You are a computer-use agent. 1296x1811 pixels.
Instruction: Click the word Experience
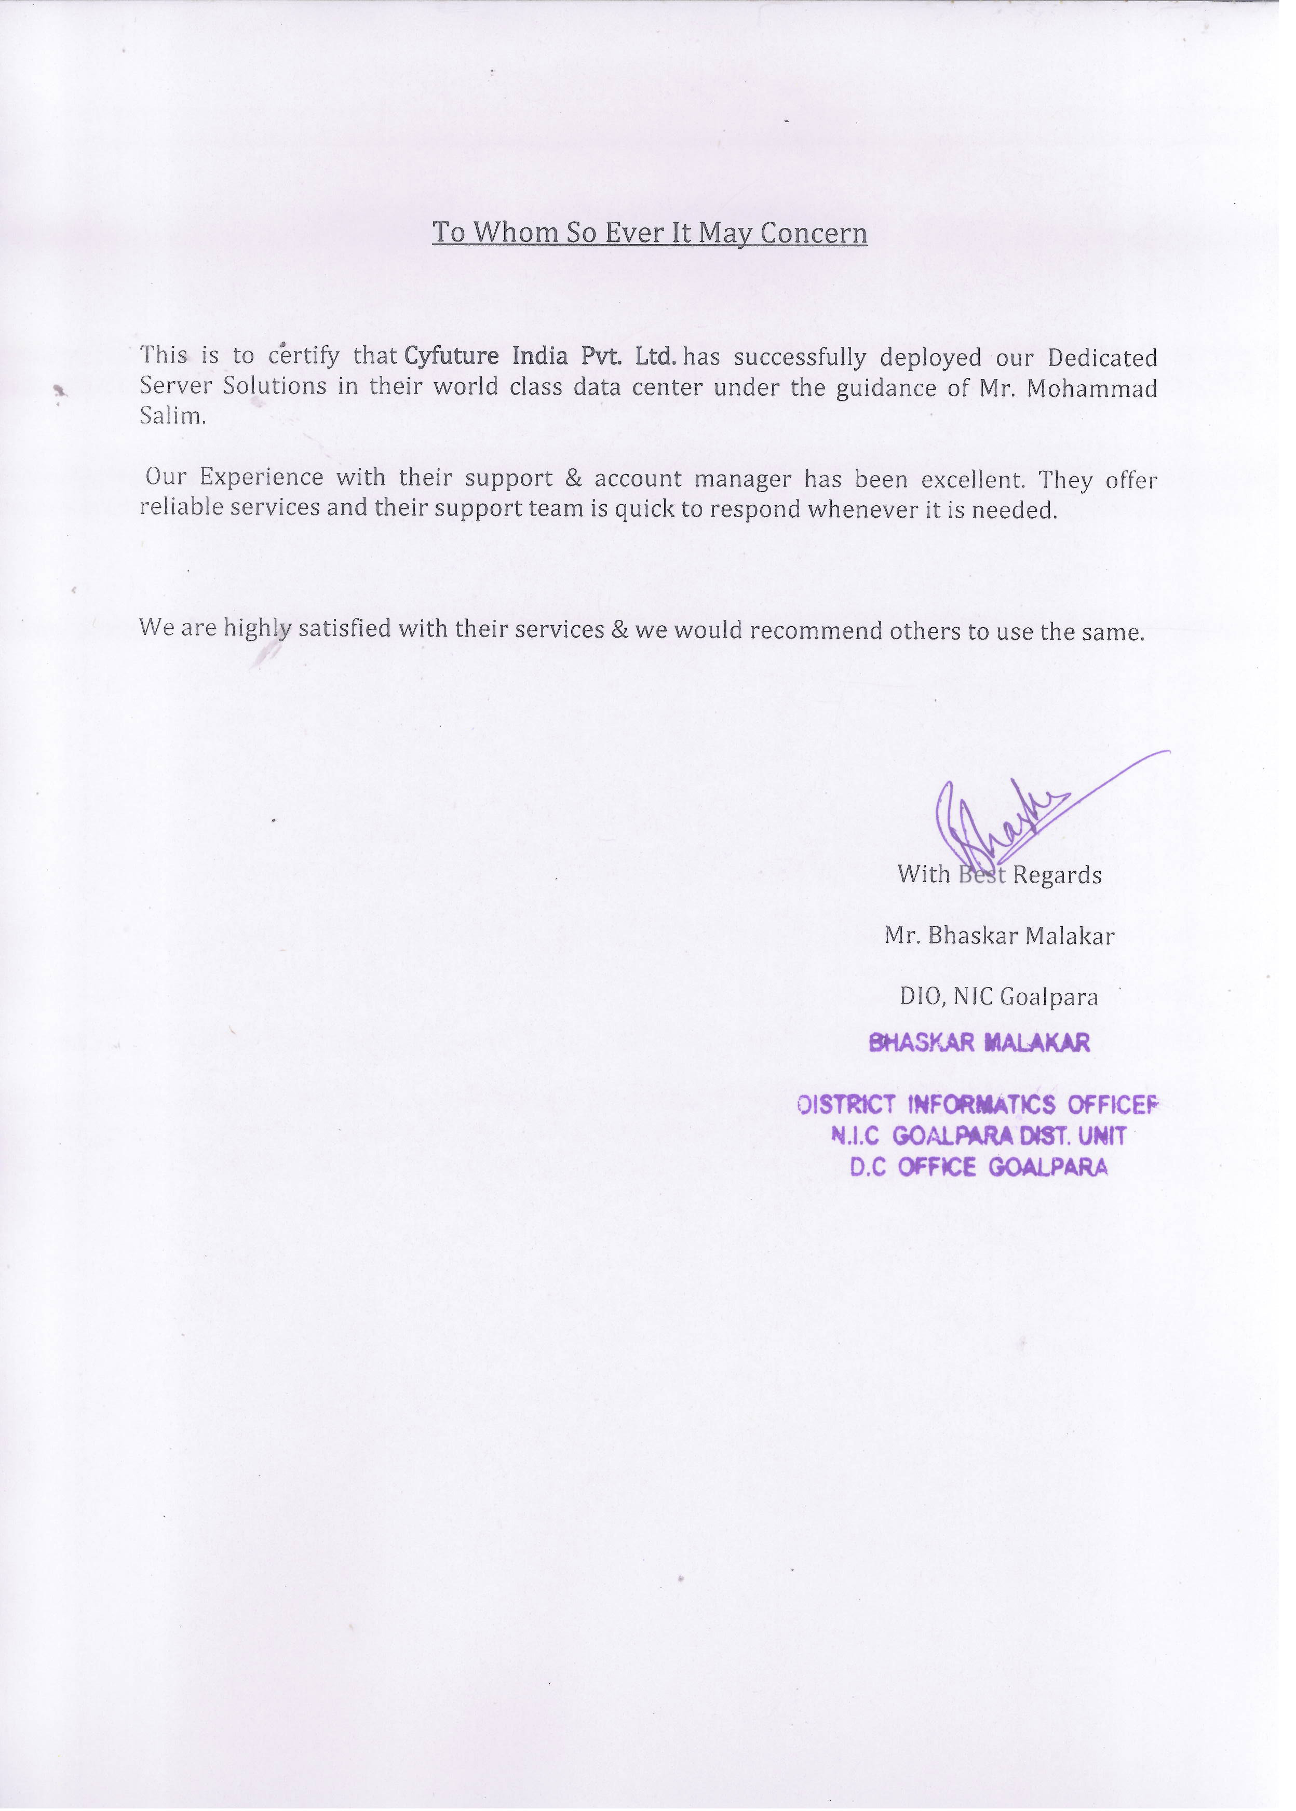click(x=262, y=477)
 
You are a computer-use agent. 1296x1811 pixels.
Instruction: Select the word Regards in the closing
click(x=1057, y=875)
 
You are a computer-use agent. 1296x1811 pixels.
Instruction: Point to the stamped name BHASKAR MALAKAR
click(x=979, y=1043)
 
